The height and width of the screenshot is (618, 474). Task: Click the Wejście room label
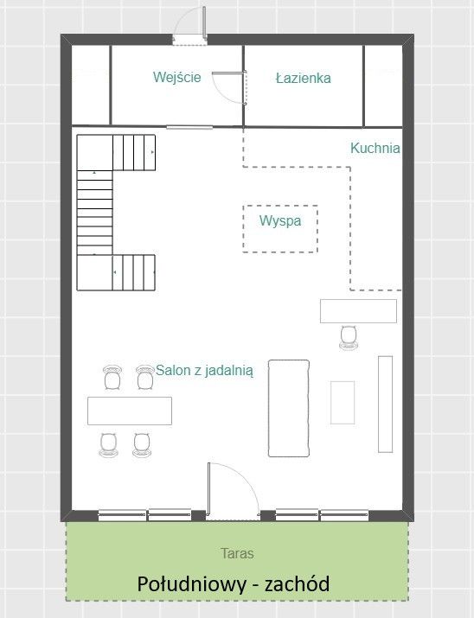point(177,77)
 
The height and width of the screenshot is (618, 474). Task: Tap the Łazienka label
point(303,78)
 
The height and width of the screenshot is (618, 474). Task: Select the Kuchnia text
point(375,148)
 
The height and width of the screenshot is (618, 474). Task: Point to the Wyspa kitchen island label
point(280,220)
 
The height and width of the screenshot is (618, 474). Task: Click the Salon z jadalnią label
point(205,371)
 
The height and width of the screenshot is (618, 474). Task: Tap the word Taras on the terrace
point(237,553)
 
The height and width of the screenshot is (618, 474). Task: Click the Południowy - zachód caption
point(233,583)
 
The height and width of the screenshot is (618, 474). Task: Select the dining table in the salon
point(130,411)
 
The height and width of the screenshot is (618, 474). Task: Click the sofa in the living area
point(289,408)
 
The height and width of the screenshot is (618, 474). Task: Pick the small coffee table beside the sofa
point(343,403)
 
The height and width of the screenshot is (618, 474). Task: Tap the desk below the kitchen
point(358,311)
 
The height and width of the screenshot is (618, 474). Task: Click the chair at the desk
point(349,337)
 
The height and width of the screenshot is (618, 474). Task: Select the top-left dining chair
point(112,378)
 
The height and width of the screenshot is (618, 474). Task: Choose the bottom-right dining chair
point(142,445)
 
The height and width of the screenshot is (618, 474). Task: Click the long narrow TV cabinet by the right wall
point(385,405)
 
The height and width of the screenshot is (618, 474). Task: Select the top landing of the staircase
point(94,152)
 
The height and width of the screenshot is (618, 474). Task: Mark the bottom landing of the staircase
point(94,273)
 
